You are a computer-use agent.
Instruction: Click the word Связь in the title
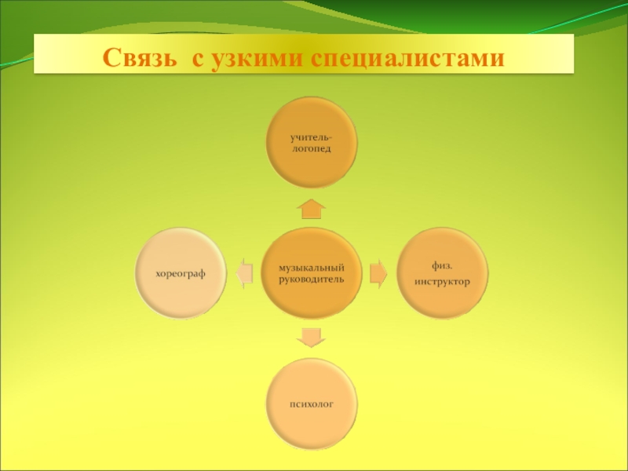141,57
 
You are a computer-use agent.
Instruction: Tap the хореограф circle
181,274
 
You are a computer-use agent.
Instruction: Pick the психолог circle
312,403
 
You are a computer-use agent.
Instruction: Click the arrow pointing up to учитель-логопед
312,208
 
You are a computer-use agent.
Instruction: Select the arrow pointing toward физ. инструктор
378,272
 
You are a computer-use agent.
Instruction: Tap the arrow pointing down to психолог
312,337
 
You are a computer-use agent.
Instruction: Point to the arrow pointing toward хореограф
245,272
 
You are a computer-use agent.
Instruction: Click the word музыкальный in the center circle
312,268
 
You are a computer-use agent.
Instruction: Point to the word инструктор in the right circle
443,280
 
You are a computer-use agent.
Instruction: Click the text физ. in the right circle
441,264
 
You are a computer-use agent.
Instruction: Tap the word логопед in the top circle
312,149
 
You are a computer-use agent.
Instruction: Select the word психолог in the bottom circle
312,403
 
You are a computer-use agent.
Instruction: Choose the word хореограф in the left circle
181,274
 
